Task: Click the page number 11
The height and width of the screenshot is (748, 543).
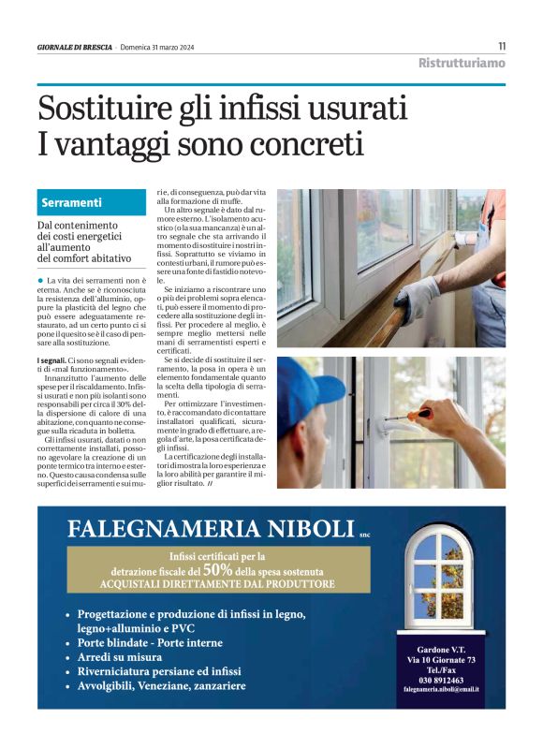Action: [x=502, y=46]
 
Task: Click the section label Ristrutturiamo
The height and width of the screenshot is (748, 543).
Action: [x=462, y=64]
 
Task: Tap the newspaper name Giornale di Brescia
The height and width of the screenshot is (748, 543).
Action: [x=74, y=47]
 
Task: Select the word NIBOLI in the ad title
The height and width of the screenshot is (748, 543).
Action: [x=300, y=530]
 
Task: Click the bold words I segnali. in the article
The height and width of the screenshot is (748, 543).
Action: [x=51, y=359]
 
